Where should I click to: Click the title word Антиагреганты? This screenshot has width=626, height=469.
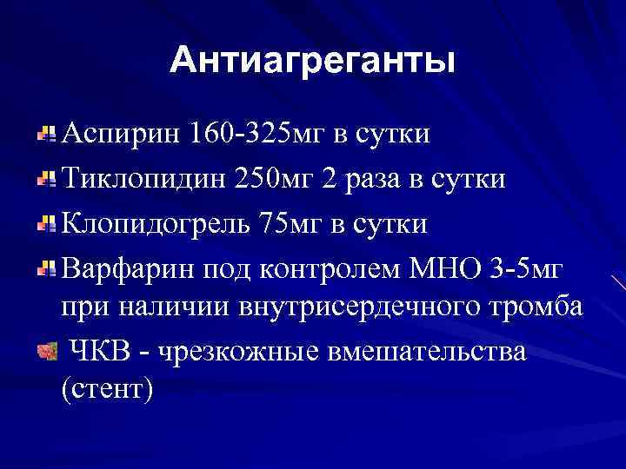[312, 60]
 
